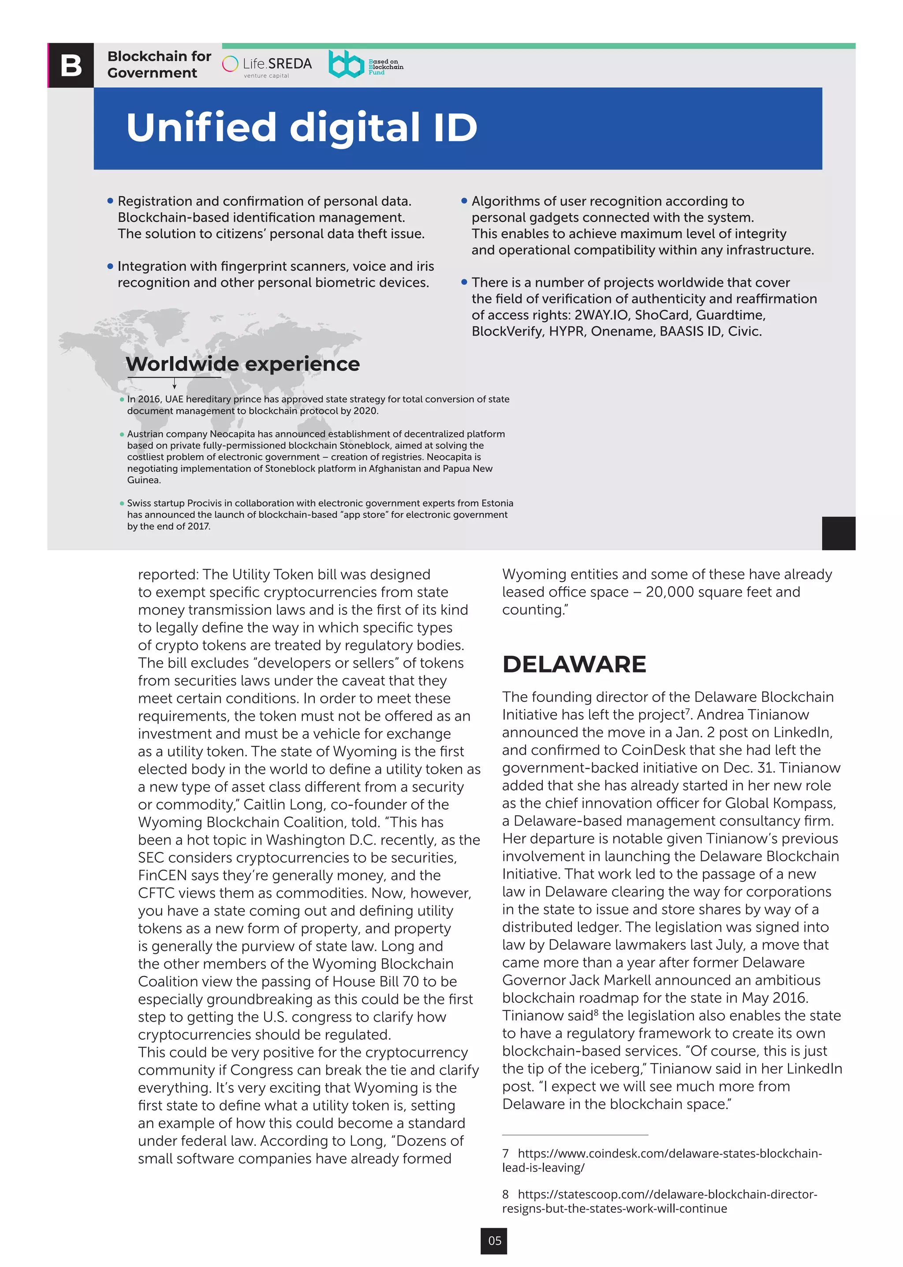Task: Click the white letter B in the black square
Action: [71, 65]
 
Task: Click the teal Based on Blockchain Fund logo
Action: [366, 64]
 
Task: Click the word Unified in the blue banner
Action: [201, 127]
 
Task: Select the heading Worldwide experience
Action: [243, 364]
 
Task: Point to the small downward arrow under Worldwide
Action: [174, 384]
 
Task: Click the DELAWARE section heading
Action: [574, 664]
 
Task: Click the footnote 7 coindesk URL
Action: [662, 1160]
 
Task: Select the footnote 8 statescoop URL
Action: [660, 1201]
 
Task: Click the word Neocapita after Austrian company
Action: [232, 434]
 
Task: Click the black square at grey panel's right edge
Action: [838, 533]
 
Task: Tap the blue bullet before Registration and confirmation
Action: [110, 201]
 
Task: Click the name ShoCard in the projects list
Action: [662, 315]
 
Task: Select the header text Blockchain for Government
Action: [159, 64]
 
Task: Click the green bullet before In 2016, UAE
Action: [122, 400]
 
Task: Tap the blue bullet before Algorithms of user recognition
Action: [464, 201]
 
